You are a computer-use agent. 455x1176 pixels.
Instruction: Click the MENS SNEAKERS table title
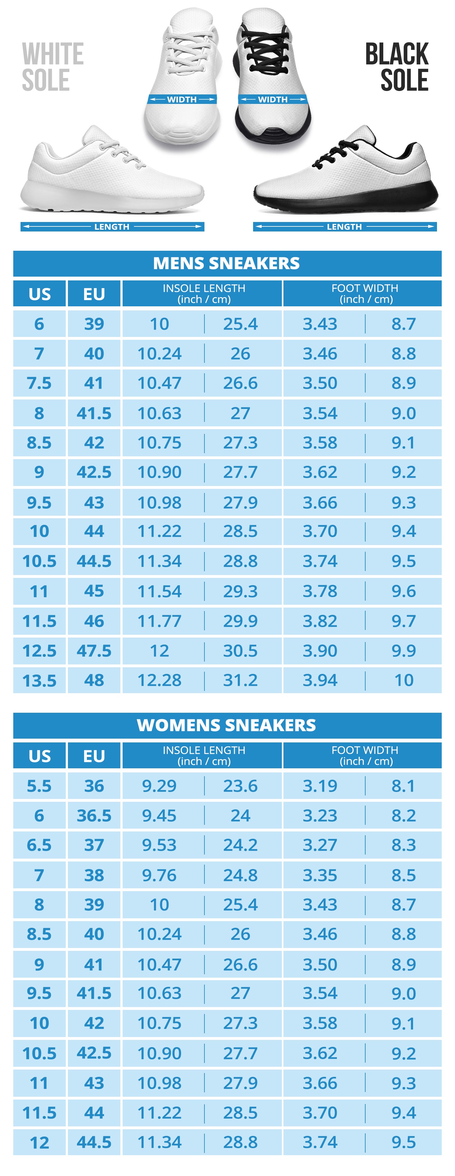[x=227, y=263]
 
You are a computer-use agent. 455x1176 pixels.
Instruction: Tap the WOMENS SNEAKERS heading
[x=227, y=725]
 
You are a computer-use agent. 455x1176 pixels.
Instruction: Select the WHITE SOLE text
[x=52, y=67]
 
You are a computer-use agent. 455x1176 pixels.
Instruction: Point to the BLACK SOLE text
[x=397, y=67]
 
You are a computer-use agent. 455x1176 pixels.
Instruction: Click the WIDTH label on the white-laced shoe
[x=182, y=99]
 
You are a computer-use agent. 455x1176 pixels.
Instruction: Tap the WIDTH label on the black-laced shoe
[x=273, y=99]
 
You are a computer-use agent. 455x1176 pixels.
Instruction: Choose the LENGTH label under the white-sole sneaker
[x=112, y=227]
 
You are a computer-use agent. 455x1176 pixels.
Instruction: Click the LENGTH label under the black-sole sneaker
[x=344, y=227]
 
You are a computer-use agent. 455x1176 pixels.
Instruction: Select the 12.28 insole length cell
[x=160, y=680]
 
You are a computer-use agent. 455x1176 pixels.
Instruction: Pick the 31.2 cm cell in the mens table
[x=240, y=680]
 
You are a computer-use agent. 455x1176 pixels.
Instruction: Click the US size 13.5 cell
[x=39, y=681]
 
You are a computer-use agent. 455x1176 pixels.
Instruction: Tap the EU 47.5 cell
[x=94, y=651]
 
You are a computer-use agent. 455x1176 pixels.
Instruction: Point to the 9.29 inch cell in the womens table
[x=159, y=786]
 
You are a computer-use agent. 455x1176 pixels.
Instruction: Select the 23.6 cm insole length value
[x=240, y=786]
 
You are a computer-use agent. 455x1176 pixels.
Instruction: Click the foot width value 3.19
[x=320, y=786]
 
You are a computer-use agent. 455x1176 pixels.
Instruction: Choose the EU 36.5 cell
[x=94, y=815]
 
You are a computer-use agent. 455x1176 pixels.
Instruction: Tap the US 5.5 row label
[x=39, y=786]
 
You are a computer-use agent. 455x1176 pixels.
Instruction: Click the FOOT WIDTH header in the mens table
[x=365, y=294]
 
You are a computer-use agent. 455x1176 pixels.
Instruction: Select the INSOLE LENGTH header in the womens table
[x=204, y=756]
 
